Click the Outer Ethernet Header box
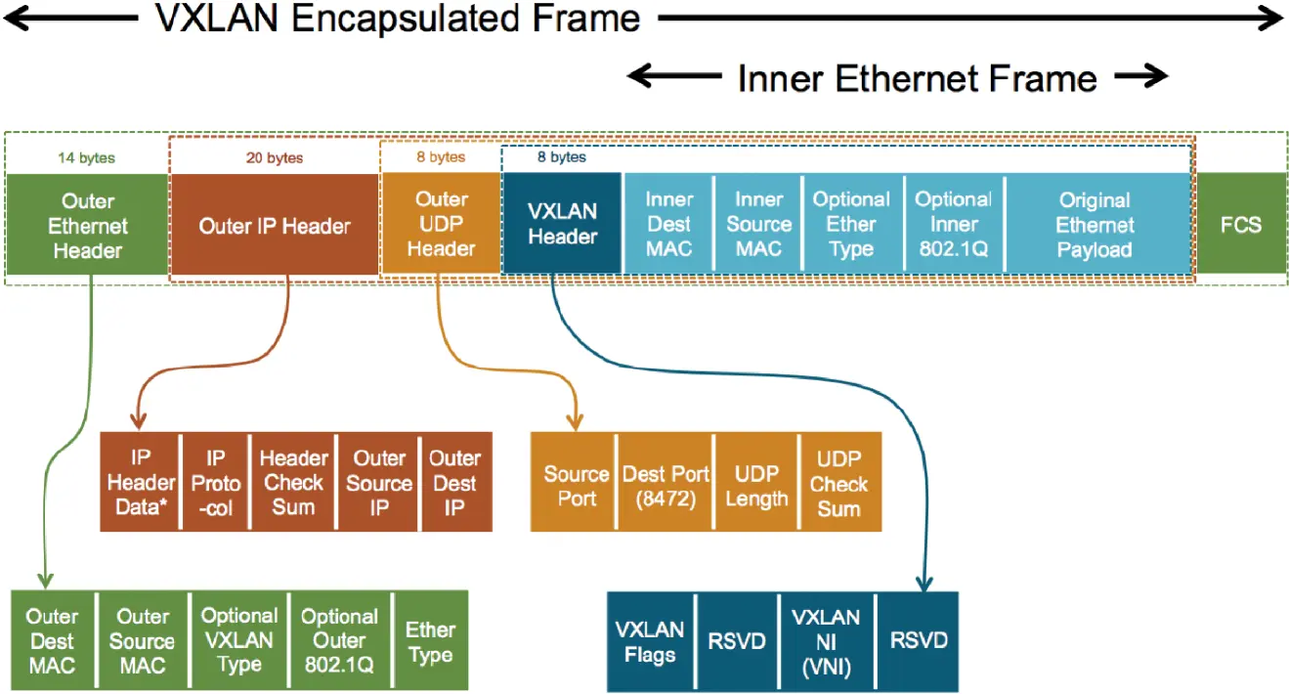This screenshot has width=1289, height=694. click(88, 225)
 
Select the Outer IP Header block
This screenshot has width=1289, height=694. click(275, 226)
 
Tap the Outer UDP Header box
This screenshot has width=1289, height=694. click(441, 225)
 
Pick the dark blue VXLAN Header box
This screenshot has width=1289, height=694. click(562, 224)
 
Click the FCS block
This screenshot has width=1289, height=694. click(1240, 224)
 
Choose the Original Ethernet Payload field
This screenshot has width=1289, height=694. click(1095, 225)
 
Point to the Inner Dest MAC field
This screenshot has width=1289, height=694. click(668, 225)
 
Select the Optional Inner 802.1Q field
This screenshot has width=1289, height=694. click(953, 225)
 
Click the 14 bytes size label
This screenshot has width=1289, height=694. click(88, 157)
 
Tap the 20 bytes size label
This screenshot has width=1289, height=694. click(275, 157)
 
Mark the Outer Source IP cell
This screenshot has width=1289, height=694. click(378, 482)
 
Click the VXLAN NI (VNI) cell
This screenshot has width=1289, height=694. click(826, 641)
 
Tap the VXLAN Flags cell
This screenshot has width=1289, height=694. click(650, 641)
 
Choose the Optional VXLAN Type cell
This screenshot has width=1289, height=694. click(239, 640)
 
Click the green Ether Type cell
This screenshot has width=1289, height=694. click(430, 641)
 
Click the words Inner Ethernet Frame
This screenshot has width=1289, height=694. click(917, 78)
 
